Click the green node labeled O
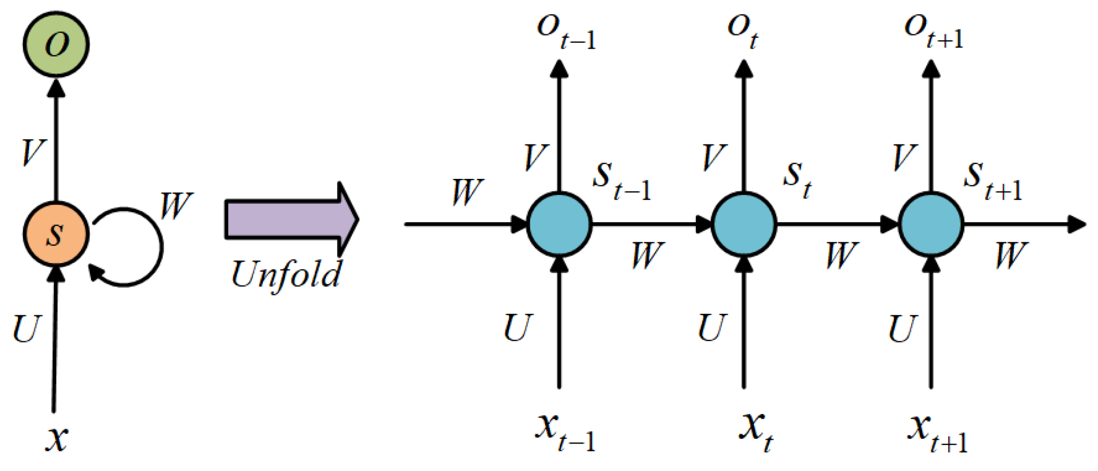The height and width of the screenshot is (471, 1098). pyautogui.click(x=56, y=44)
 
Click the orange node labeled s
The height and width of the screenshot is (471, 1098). pyautogui.click(x=56, y=234)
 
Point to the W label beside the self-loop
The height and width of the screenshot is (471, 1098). pyautogui.click(x=176, y=205)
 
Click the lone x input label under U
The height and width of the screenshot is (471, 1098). pyautogui.click(x=57, y=438)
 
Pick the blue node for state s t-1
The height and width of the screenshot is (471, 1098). pyautogui.click(x=559, y=224)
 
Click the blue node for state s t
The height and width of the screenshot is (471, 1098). pyautogui.click(x=744, y=224)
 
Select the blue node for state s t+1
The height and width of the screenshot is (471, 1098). pyautogui.click(x=931, y=224)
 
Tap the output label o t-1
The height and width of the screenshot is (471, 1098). pyautogui.click(x=565, y=32)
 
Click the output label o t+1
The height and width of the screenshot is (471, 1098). pyautogui.click(x=933, y=32)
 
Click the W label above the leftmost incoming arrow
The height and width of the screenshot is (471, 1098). pyautogui.click(x=467, y=193)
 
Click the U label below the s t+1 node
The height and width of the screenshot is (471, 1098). pyautogui.click(x=901, y=329)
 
